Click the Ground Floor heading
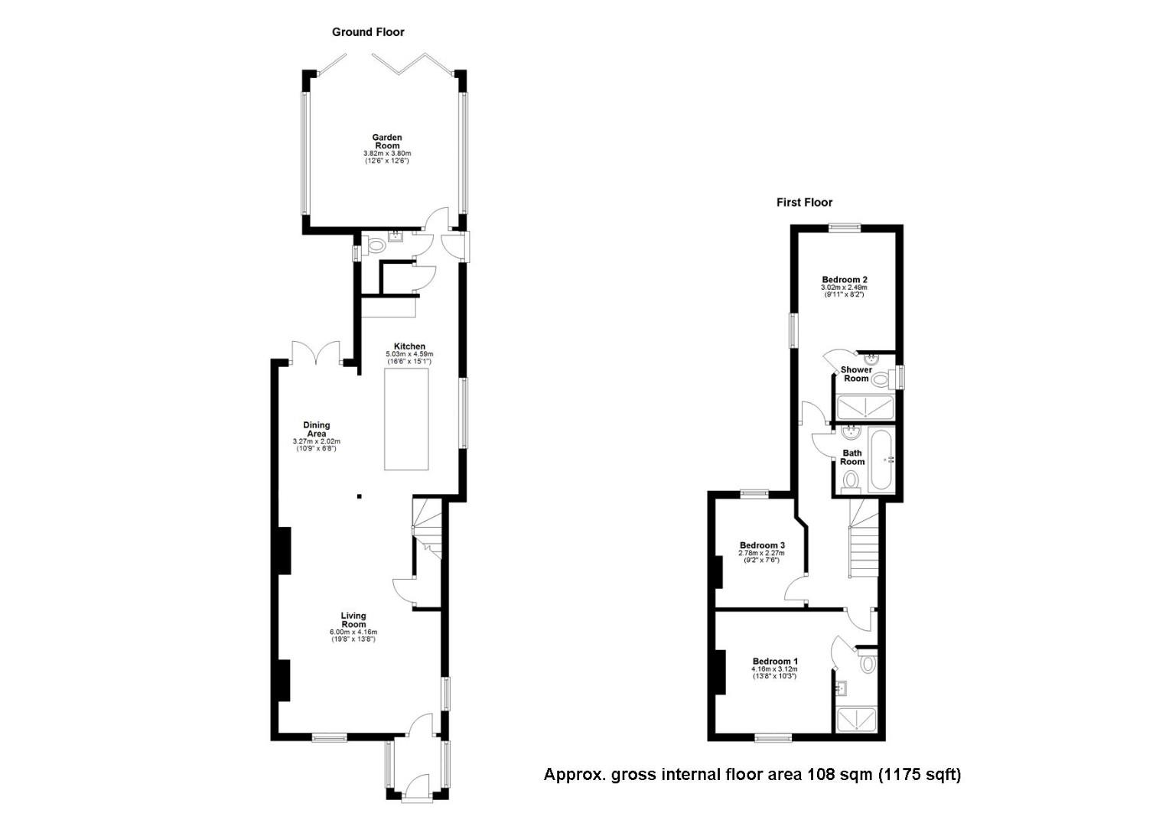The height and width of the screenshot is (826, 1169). coord(368,32)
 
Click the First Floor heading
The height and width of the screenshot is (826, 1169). coord(804,203)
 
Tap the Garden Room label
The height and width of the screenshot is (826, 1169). coord(387,141)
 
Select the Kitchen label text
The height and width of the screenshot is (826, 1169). coord(409,346)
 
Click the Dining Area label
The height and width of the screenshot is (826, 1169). coord(317,429)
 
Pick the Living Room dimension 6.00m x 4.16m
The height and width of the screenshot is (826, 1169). coord(353,632)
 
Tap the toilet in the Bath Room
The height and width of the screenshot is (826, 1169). coord(851,481)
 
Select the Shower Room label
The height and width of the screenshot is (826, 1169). coord(856,374)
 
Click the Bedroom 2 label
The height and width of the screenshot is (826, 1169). coord(845,280)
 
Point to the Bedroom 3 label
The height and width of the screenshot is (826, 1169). coord(762,545)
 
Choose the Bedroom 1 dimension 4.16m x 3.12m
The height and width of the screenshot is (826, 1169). coord(775,669)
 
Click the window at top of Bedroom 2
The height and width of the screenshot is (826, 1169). coord(845,226)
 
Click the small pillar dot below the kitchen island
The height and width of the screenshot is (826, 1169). coord(360,497)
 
